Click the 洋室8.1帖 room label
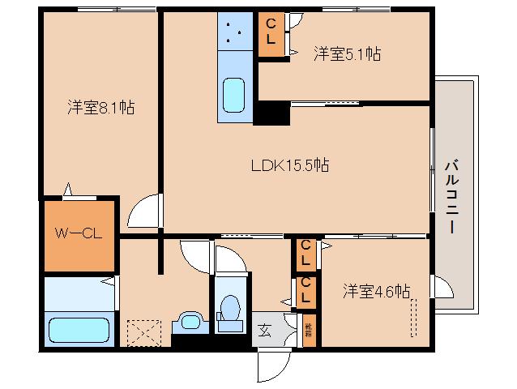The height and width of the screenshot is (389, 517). [100, 106]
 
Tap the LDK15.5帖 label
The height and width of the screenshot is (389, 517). [288, 165]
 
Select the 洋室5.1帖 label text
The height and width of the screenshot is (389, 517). [347, 54]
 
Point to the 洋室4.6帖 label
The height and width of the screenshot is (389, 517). [375, 290]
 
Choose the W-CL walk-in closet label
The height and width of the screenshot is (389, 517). [78, 234]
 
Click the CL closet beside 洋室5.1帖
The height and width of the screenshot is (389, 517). [270, 34]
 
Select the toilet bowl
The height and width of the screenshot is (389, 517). [230, 309]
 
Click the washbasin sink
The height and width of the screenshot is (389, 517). [190, 322]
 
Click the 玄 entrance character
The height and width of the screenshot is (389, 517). [264, 329]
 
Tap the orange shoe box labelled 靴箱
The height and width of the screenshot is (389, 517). [309, 331]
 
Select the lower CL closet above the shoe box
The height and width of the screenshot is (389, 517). [306, 291]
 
